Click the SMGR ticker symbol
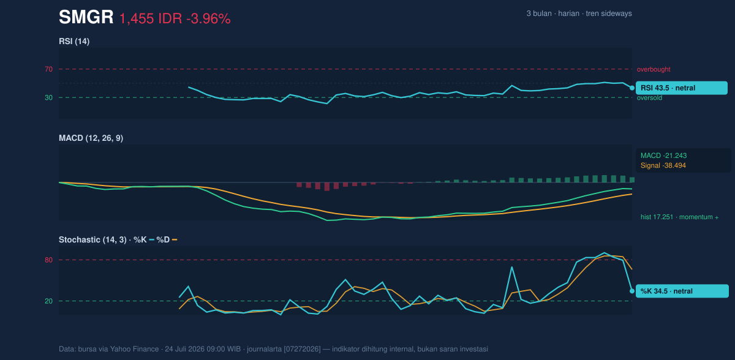[86, 17]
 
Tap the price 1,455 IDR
[151, 19]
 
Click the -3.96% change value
[208, 19]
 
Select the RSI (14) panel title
[74, 41]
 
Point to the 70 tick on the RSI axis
[48, 69]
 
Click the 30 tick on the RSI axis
[48, 98]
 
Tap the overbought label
[654, 70]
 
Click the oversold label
[649, 98]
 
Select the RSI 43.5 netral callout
[682, 88]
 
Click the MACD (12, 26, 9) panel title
[91, 138]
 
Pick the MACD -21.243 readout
[663, 156]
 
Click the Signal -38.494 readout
[663, 165]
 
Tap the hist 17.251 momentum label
[679, 217]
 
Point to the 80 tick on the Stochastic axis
[48, 260]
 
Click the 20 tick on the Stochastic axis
[48, 301]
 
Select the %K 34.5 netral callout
[682, 291]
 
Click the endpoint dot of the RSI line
[632, 88]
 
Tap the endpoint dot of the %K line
[632, 291]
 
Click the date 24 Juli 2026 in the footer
[186, 349]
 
